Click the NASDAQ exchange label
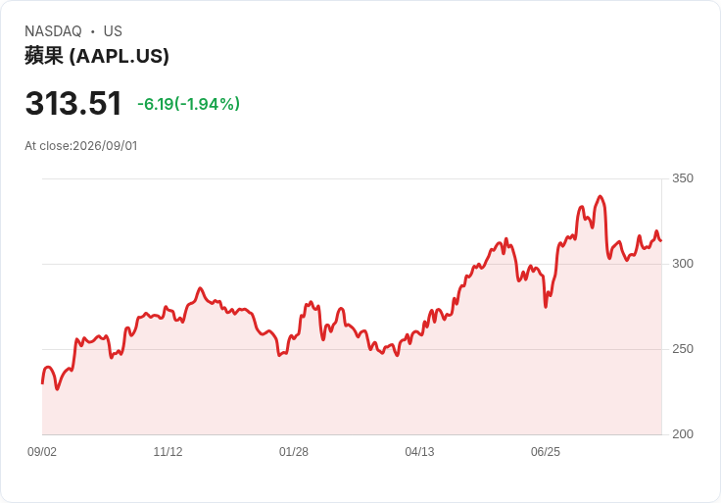pos(53,31)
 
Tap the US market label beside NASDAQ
pos(113,31)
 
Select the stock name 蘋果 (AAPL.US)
pos(97,56)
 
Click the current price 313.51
pos(73,103)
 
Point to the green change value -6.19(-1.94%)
pos(188,104)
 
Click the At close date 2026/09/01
pos(105,146)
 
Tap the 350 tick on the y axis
pos(683,178)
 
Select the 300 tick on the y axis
pos(683,264)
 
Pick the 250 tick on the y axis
pos(683,349)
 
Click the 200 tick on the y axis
pos(683,434)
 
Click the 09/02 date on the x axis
pos(42,452)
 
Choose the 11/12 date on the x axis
pos(168,452)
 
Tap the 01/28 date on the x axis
pos(293,452)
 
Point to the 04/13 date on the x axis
pos(419,452)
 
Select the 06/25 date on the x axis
pos(546,452)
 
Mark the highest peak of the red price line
pos(601,196)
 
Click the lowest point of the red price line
pos(57,389)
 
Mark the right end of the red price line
pos(661,240)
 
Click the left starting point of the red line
pos(42,382)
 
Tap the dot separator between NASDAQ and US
pos(93,31)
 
